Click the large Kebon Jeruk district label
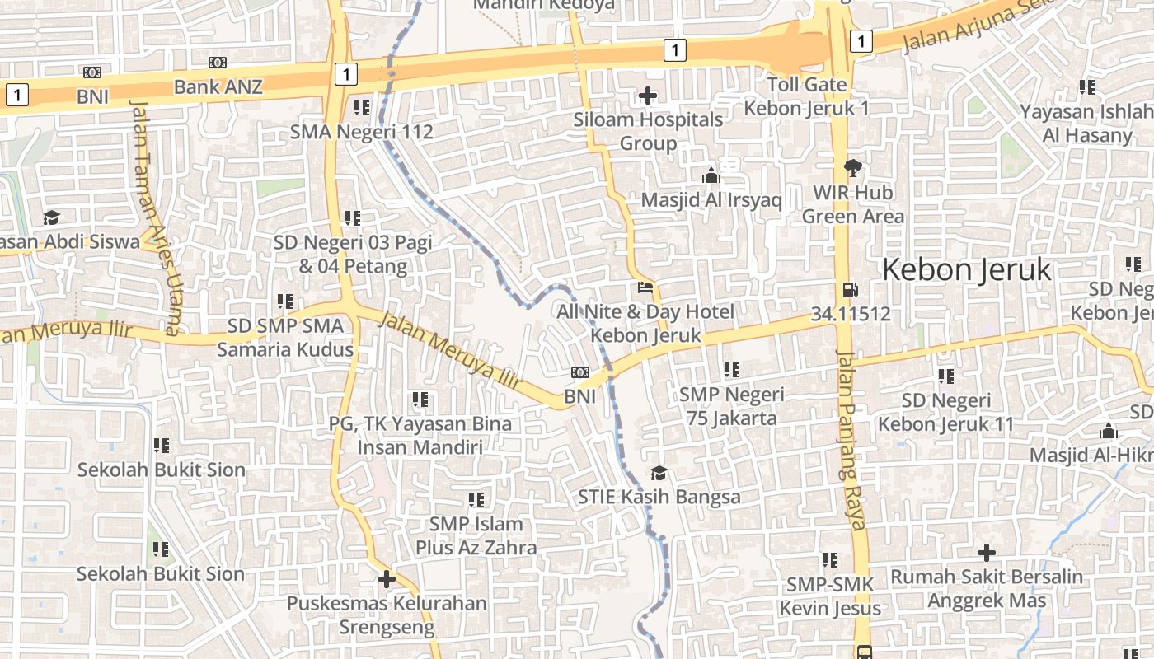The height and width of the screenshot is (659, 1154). click(967, 269)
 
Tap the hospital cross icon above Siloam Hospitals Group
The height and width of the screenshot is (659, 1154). click(648, 96)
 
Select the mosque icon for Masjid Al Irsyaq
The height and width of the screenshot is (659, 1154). click(711, 175)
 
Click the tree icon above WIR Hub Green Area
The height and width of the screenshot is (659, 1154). click(852, 168)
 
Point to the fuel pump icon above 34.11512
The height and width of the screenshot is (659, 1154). click(850, 290)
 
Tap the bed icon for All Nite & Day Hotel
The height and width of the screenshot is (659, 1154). click(645, 288)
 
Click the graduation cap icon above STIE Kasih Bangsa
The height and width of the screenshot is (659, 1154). click(659, 473)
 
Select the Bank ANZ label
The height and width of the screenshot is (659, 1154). click(218, 86)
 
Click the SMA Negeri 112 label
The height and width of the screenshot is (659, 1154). click(361, 131)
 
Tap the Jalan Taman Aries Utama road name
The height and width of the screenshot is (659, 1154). click(154, 217)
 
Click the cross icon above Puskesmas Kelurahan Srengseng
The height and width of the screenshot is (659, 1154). click(387, 579)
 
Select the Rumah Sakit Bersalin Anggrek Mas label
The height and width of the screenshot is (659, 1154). click(987, 588)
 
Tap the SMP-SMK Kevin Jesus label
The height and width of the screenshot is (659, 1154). click(830, 596)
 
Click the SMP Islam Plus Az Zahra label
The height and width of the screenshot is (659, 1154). click(476, 535)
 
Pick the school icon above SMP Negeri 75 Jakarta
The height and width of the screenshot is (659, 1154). click(731, 371)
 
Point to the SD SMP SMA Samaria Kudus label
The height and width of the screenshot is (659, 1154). click(285, 337)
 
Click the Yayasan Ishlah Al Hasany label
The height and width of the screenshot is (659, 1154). click(1087, 123)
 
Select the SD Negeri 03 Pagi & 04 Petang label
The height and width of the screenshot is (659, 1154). click(353, 254)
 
